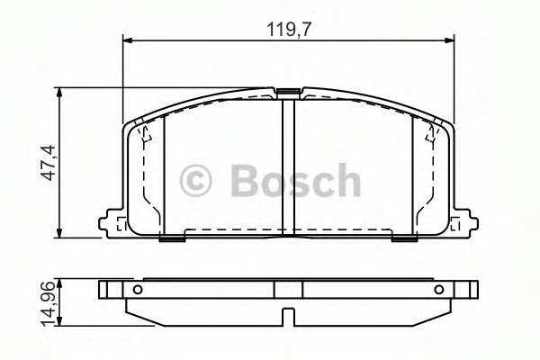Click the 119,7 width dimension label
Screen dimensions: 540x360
pos(289,30)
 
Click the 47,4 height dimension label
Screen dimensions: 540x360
pos(47,163)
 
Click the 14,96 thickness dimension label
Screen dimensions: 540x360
pos(47,303)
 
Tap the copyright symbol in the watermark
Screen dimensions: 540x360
pos(195,181)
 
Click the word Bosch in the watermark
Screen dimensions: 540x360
pos(295,180)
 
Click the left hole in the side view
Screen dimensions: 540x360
pos(138,290)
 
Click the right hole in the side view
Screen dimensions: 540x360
pos(439,290)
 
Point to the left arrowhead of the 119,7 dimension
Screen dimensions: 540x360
pos(128,40)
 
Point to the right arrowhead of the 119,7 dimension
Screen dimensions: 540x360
pos(449,40)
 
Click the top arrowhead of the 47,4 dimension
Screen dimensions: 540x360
pos(59,93)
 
